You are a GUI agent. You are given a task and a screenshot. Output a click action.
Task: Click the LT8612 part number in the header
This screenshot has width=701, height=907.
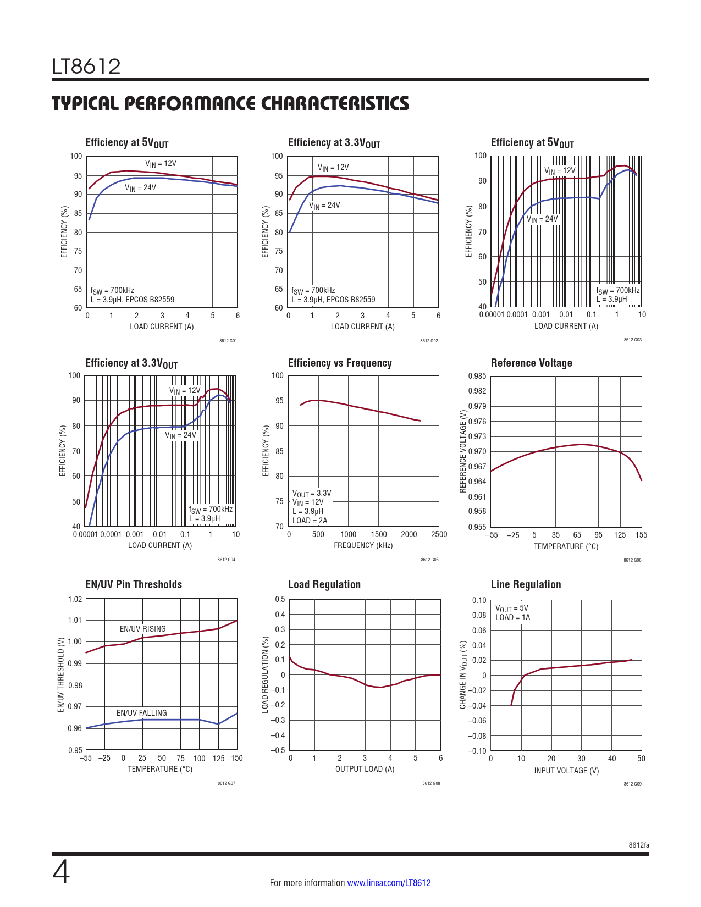click(x=86, y=67)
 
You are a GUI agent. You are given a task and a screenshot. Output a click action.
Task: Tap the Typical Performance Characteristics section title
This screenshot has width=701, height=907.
click(x=230, y=103)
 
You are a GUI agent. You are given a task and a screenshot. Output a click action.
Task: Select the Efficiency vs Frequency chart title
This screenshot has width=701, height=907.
click(x=340, y=363)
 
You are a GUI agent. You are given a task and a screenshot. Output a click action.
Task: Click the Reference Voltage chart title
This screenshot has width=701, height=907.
click(x=531, y=363)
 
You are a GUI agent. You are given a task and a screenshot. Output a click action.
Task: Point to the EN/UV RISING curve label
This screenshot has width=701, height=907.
click(x=142, y=629)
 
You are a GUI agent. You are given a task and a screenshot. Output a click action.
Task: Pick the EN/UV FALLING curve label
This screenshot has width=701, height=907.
click(x=141, y=713)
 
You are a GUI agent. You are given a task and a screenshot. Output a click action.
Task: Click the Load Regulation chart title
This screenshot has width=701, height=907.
click(x=324, y=584)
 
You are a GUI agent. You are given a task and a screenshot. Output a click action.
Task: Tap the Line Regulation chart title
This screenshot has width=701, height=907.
click(x=526, y=584)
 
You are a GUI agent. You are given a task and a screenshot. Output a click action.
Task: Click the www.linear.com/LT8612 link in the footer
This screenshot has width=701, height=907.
click(x=389, y=883)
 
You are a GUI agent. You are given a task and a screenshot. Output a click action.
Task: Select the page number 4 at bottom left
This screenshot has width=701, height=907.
click(x=61, y=872)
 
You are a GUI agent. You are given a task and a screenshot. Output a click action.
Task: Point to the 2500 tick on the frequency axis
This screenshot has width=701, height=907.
click(x=439, y=534)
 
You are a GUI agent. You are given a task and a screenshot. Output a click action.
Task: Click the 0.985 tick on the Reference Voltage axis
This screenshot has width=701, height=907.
click(x=477, y=376)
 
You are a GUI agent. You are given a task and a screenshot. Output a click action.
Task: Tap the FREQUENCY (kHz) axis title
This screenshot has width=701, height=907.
click(x=363, y=545)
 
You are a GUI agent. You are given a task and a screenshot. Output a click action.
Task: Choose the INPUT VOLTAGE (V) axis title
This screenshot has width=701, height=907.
click(x=566, y=771)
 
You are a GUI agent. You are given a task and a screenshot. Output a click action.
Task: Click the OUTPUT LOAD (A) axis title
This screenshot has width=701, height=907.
click(x=365, y=769)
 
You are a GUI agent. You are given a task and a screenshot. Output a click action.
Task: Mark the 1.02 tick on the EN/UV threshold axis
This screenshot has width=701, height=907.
click(x=75, y=599)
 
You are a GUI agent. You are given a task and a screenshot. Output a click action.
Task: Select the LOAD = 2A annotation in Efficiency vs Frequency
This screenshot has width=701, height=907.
click(x=310, y=521)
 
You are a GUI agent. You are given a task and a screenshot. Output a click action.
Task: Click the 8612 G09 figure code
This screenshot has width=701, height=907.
click(x=632, y=784)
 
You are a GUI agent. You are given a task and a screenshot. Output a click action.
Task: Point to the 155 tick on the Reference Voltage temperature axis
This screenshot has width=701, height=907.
click(x=641, y=535)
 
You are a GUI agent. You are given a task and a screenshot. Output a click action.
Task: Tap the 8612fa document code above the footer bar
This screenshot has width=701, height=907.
click(x=639, y=845)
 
